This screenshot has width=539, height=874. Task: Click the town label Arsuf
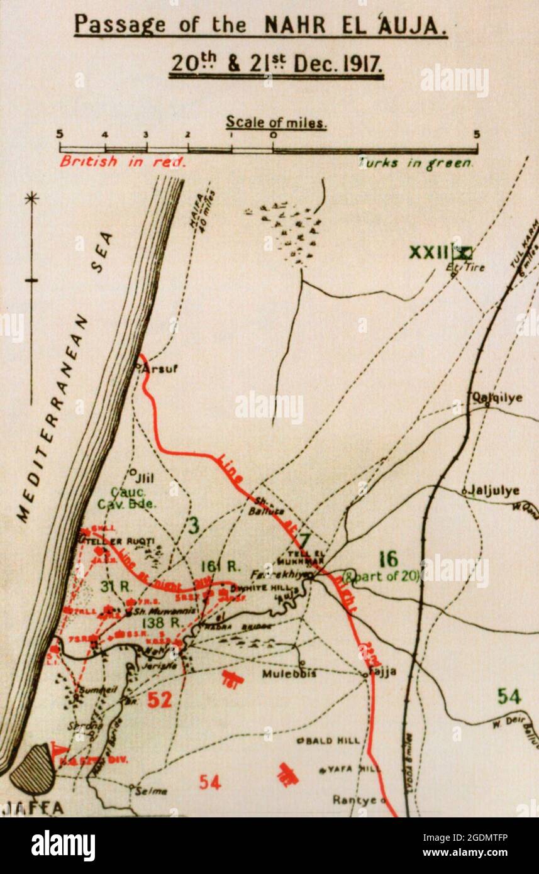pos(159,368)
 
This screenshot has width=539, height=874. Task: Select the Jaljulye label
pos(494,491)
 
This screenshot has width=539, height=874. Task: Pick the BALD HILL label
pos(333,740)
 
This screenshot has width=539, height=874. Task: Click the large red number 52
pos(160,700)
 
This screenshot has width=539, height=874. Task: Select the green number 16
pos(389,559)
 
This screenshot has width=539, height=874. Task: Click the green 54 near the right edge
pos(509,696)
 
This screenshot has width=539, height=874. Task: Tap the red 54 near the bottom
pos(210,782)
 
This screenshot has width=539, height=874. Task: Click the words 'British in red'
pos(123,162)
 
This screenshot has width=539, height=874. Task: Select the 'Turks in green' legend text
pos(415,163)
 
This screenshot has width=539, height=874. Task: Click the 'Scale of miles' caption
pos(276,122)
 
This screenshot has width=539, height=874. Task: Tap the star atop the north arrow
pos(31,199)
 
